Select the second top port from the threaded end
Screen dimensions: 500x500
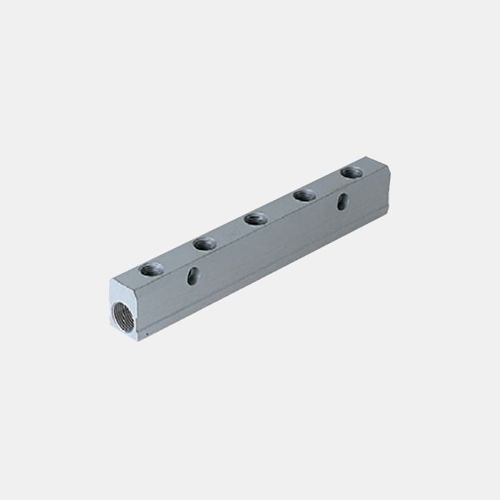(203, 245)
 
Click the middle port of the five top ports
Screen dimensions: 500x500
(255, 220)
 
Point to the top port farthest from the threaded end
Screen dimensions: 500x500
(352, 172)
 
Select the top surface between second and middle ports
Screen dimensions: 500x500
(229, 232)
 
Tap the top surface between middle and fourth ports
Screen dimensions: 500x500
(280, 208)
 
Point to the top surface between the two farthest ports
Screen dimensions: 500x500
(328, 184)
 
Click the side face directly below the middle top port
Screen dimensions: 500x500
(258, 250)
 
